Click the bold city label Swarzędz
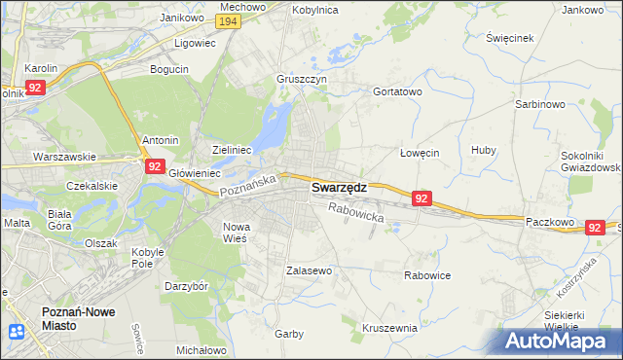pyautogui.click(x=339, y=188)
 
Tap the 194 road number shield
pyautogui.click(x=229, y=21)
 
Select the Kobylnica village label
pyautogui.click(x=313, y=9)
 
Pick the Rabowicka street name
pyautogui.click(x=356, y=212)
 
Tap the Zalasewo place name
pyautogui.click(x=310, y=270)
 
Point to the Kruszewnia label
pyautogui.click(x=389, y=328)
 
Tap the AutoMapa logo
pyautogui.click(x=558, y=342)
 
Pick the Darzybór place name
pyautogui.click(x=187, y=287)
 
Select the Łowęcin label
pyautogui.click(x=421, y=153)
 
